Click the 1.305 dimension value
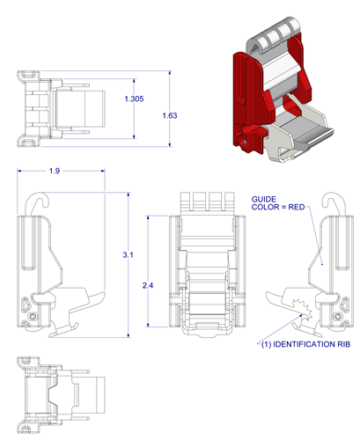[x=135, y=99]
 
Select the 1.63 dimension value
[x=171, y=115]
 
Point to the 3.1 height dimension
[x=129, y=254]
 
